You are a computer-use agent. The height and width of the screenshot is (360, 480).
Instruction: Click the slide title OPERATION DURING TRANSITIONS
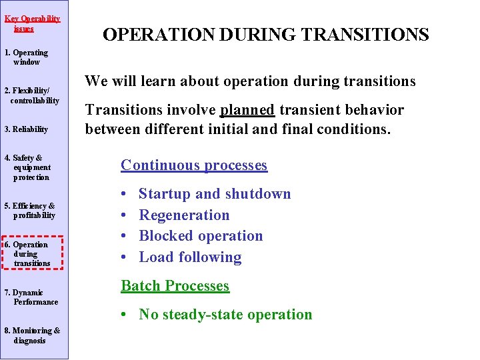pos(265,35)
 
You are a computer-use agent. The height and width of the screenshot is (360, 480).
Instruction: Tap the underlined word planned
pos(247,110)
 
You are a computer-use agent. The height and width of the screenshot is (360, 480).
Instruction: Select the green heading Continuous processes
pos(194,165)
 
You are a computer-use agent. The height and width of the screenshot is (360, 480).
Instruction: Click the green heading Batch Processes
pos(175,286)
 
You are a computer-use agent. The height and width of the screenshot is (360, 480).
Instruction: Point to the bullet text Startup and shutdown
pos(215,194)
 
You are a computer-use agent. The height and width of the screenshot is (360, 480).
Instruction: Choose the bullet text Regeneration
pos(184,215)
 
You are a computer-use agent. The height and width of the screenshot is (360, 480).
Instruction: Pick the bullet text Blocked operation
pos(201,236)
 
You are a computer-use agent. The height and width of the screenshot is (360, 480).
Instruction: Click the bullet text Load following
pos(190,257)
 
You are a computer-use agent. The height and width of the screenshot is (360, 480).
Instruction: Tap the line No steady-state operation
pos(225,315)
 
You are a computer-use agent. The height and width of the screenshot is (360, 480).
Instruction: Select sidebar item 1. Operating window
pos(27,57)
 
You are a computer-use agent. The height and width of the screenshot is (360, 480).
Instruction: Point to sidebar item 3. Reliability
pos(26,129)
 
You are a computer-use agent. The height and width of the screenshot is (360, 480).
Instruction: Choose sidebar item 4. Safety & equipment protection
pos(27,167)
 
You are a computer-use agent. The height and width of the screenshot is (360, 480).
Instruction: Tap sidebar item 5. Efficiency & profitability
pos(30,211)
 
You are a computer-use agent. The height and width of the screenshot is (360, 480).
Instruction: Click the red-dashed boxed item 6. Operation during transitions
pos(31,254)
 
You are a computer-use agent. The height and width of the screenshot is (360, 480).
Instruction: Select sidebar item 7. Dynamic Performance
pos(31,297)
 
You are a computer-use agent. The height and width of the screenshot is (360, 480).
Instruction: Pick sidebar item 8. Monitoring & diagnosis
pos(31,335)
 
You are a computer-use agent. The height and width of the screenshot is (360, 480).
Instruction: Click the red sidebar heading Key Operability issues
pos(32,23)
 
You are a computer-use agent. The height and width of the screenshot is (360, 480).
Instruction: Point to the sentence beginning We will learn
pos(250,81)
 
